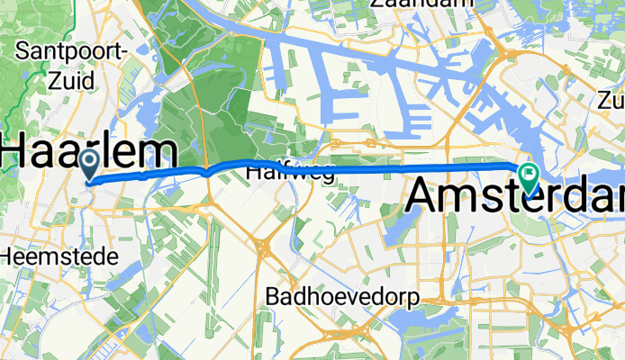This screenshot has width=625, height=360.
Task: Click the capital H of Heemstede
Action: tap(6, 256)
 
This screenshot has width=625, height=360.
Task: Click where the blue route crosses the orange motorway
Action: tap(208, 169)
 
